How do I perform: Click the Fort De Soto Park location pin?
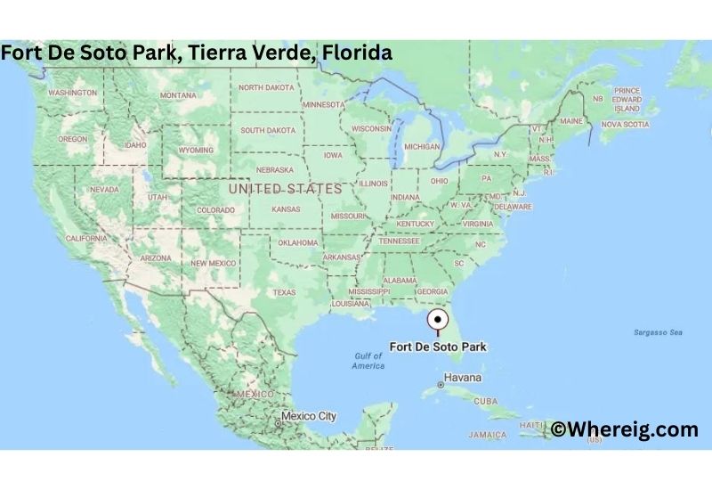coord(438,321)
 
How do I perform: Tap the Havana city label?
coord(462,378)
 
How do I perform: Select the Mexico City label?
coord(309,416)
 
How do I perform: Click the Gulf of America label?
coord(368,361)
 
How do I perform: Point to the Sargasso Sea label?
coord(658,332)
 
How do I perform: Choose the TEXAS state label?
coord(284,292)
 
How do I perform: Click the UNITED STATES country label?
coord(285,189)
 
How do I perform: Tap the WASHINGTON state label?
coord(72,93)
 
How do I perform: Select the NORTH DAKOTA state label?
coord(265,87)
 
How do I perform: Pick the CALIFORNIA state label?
coord(86,239)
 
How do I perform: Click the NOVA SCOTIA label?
coord(625,125)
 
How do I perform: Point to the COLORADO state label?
coord(216,211)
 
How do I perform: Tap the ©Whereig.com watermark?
coord(624,429)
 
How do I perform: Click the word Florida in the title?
coord(357,53)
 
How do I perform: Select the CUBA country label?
coord(486,402)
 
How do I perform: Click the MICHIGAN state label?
coord(422,147)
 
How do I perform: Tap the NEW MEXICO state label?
coord(214,263)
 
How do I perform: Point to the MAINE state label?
coord(571,121)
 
